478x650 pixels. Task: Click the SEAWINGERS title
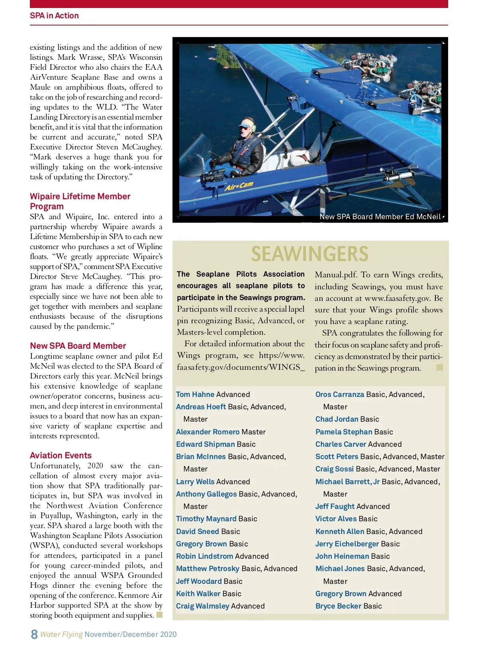tap(310, 254)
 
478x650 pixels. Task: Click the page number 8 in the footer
tap(34, 634)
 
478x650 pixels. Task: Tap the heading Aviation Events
tap(61, 455)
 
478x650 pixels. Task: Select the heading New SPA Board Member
tap(78, 346)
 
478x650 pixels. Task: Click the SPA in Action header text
tap(54, 16)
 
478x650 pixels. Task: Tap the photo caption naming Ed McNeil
tap(380, 217)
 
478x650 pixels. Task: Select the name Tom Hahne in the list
tap(195, 394)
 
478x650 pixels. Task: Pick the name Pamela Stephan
tap(343, 432)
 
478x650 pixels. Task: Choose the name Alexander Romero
tap(208, 432)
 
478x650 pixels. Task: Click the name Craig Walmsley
tap(202, 606)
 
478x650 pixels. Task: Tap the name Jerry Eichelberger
tap(347, 544)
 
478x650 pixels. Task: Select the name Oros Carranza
tap(339, 394)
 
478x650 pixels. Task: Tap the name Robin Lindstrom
tap(204, 556)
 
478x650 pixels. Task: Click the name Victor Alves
tap(336, 518)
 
